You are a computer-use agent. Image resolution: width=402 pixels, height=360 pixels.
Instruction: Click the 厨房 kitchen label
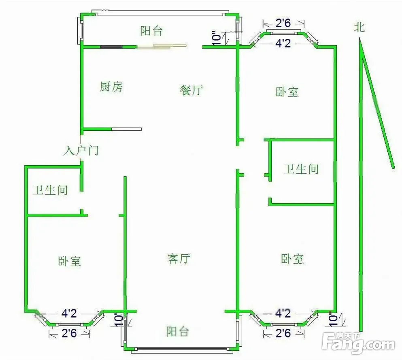111,87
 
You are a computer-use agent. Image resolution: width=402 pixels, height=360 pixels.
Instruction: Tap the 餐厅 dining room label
191,90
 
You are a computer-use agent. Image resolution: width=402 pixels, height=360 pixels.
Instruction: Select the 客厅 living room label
179,259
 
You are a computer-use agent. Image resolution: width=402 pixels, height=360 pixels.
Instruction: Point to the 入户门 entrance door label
81,151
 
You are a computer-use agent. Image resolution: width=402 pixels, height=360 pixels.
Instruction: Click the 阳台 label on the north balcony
151,31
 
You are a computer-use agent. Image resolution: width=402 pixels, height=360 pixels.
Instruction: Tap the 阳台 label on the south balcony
178,332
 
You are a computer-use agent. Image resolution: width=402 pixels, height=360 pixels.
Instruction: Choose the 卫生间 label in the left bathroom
50,190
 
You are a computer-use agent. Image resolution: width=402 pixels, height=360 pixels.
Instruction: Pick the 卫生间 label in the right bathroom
301,169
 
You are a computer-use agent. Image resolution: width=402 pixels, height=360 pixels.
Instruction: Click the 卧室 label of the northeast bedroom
287,92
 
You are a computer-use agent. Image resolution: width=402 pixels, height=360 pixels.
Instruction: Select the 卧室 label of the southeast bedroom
292,259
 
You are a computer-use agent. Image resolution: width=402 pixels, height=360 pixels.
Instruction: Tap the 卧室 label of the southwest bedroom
69,261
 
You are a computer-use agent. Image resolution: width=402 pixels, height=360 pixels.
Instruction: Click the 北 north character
359,27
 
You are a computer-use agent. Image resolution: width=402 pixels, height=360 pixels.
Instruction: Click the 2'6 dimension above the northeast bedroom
283,24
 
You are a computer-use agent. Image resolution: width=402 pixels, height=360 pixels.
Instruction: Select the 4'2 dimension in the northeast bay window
283,43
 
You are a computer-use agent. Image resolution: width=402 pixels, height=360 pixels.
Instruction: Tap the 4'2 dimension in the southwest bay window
69,313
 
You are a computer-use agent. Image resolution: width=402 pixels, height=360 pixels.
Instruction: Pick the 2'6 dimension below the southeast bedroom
283,333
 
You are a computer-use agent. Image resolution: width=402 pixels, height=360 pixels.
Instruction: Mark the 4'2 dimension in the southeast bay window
283,313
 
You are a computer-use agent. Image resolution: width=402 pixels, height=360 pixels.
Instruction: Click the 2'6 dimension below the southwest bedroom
69,333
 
